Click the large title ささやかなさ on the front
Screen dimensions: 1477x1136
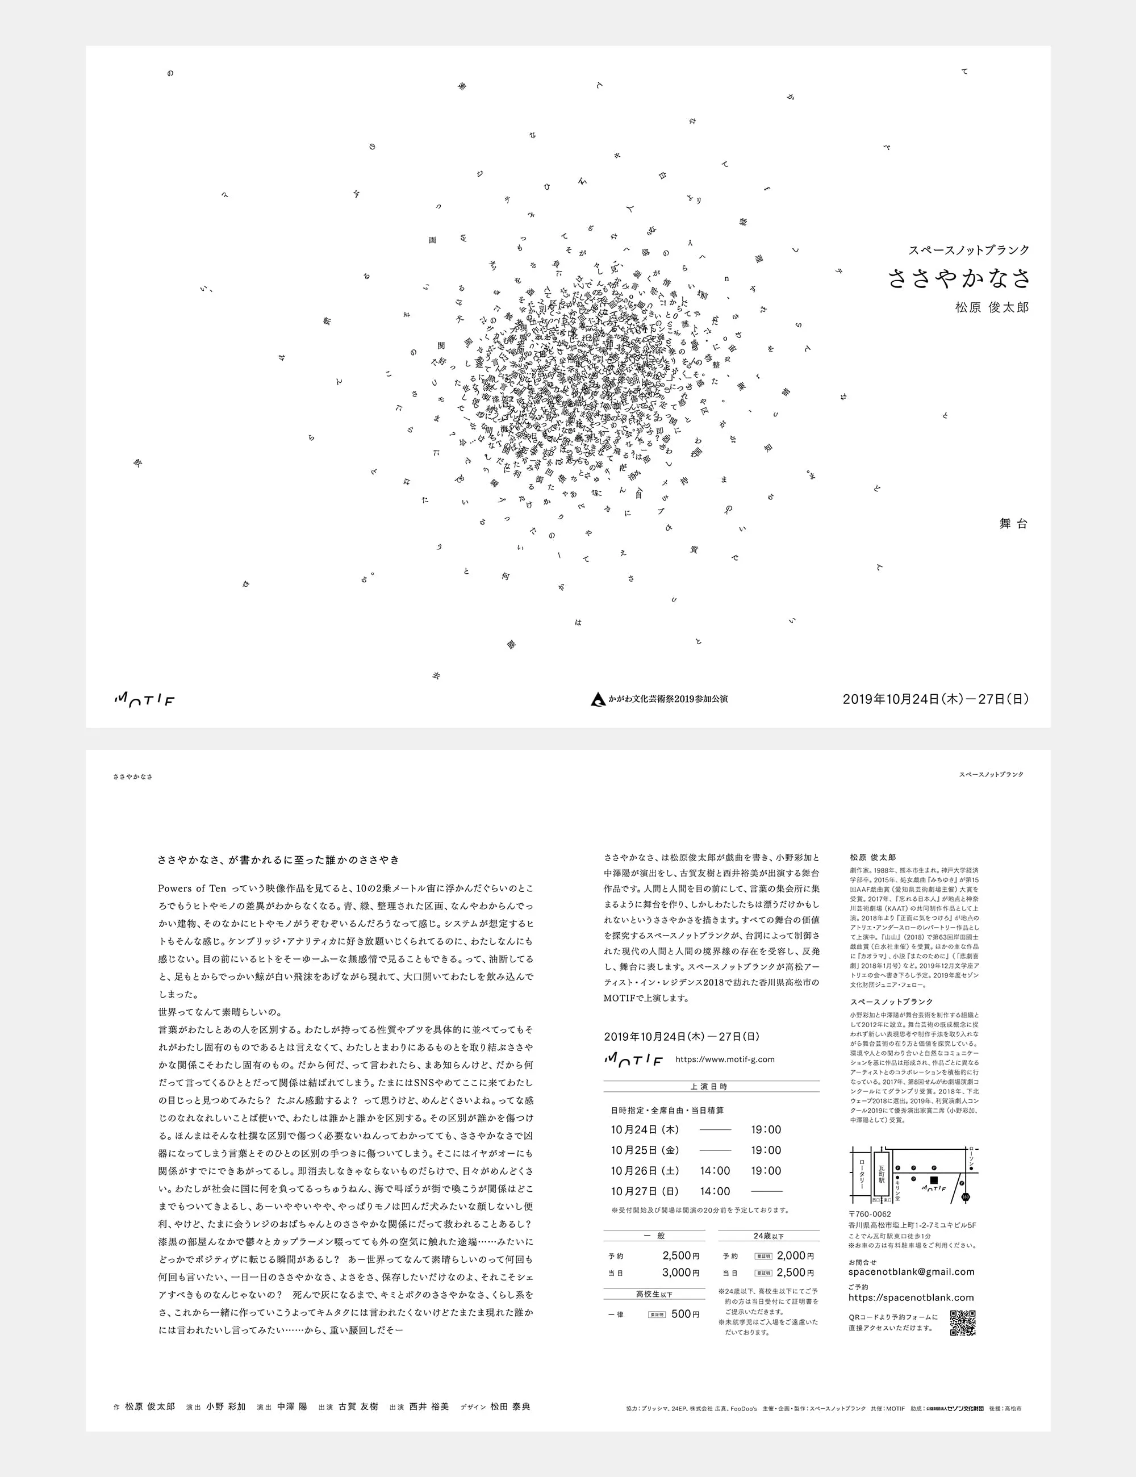(x=958, y=278)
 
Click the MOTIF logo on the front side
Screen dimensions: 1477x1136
(x=144, y=700)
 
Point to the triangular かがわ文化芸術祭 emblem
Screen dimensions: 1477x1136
(x=598, y=699)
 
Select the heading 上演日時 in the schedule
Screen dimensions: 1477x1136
(x=709, y=1086)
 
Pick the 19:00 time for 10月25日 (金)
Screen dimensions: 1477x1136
(x=766, y=1150)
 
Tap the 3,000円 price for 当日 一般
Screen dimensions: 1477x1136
(x=681, y=1272)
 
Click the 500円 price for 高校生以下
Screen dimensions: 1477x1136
(x=686, y=1313)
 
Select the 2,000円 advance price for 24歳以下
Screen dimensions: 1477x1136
(x=795, y=1255)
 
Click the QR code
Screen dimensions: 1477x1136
(x=963, y=1323)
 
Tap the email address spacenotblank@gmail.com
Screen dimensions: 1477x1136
(x=911, y=1271)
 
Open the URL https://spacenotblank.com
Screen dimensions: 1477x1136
(x=911, y=1297)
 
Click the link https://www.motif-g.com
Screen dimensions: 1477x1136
(x=725, y=1059)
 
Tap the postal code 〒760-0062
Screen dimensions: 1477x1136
(x=870, y=1214)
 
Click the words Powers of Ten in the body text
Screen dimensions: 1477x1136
(x=192, y=888)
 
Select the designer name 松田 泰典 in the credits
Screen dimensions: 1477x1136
(x=510, y=1406)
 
